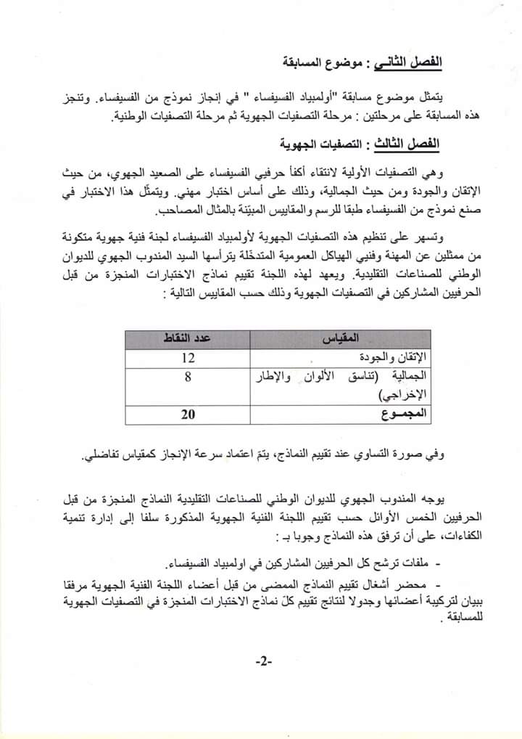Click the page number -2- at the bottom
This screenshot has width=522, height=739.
(x=262, y=662)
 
